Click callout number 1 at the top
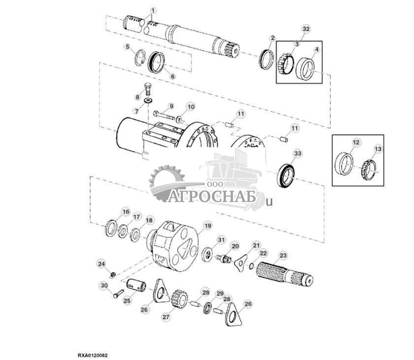(x=153, y=10)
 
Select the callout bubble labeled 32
(x=306, y=30)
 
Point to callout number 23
(x=283, y=255)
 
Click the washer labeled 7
(x=148, y=101)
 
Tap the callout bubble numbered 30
(x=104, y=286)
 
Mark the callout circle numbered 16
(x=126, y=212)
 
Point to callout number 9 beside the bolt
(x=171, y=106)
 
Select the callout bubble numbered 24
(x=101, y=264)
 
